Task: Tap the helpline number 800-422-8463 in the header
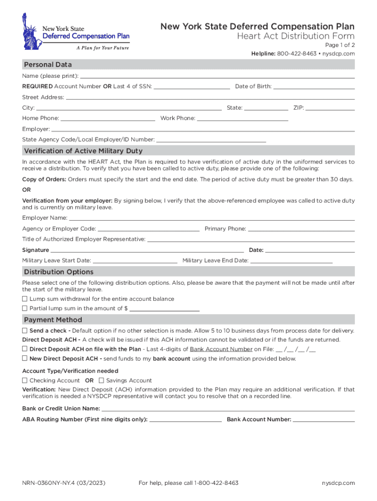pos(297,53)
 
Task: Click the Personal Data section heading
pos(48,65)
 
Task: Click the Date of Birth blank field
pos(314,87)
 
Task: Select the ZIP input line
pos(330,108)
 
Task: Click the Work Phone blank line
pos(242,118)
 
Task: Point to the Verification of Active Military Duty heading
pos(83,151)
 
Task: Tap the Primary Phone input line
pos(302,229)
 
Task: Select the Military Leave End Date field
pos(291,261)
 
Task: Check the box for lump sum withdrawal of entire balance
pos(25,299)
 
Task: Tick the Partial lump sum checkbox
pos(25,309)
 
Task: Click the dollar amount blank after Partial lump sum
pos(165,309)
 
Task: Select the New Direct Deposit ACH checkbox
pos(25,359)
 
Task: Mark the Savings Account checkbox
pos(101,381)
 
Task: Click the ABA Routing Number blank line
pos(186,420)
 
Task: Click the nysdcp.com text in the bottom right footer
pos(338,483)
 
